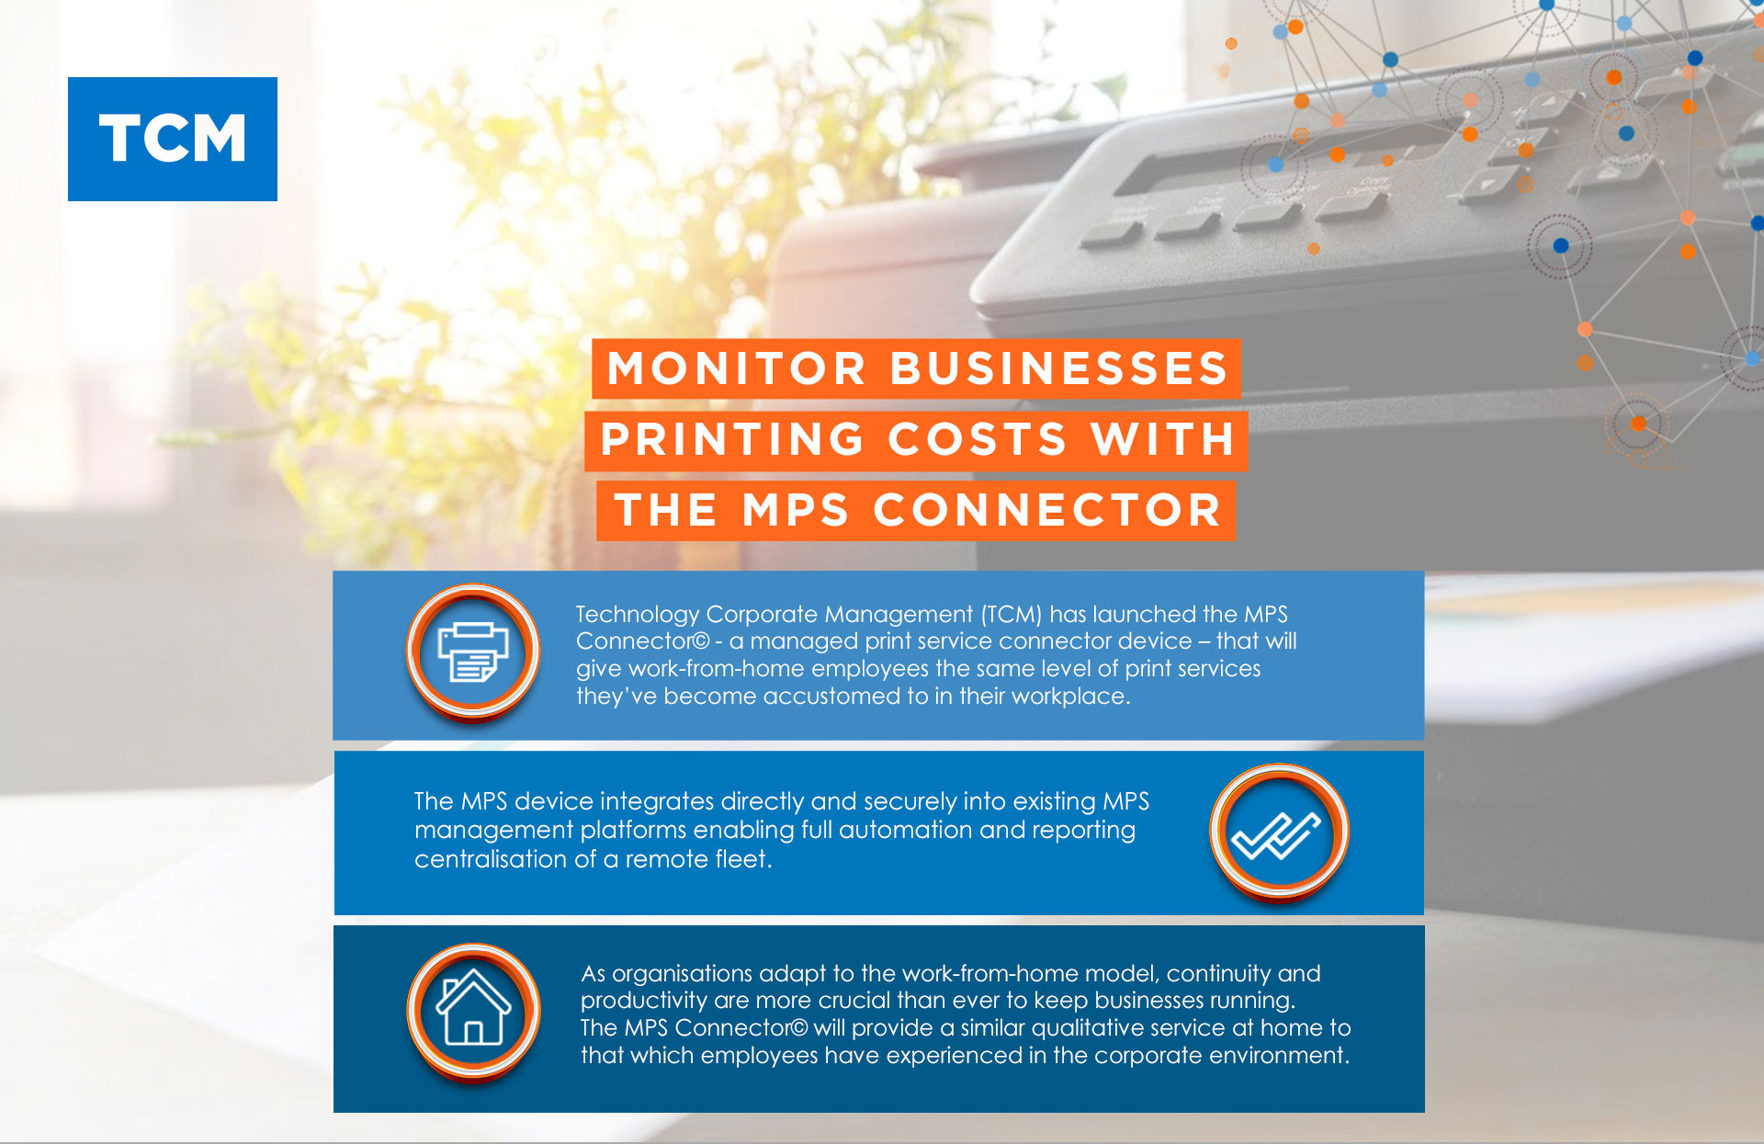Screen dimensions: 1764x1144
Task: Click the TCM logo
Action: [x=173, y=139]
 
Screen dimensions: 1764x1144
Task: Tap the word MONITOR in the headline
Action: [x=737, y=368]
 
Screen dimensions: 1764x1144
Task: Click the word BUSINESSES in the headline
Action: [x=1058, y=368]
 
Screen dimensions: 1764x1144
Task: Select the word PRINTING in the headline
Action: [x=732, y=439]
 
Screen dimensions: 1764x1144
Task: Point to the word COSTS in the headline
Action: [x=978, y=439]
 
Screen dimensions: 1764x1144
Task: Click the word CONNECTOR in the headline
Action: [x=1047, y=510]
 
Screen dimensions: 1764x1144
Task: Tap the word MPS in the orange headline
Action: [x=796, y=510]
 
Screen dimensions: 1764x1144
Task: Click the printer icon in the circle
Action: [x=473, y=651]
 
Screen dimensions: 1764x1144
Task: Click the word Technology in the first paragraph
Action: [x=638, y=615]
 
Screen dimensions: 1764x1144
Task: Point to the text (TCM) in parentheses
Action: [x=1012, y=614]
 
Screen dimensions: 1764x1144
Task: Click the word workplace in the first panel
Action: [x=1070, y=697]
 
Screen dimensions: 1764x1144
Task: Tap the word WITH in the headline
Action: [x=1163, y=439]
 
